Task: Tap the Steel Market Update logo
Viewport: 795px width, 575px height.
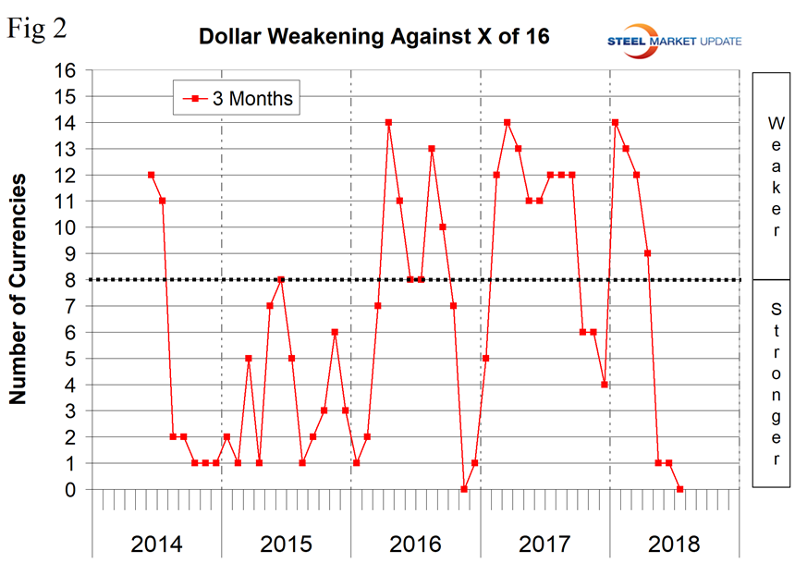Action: pyautogui.click(x=672, y=38)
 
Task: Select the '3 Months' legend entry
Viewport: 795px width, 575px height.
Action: pyautogui.click(x=238, y=98)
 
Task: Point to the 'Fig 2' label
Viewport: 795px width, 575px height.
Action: pyautogui.click(x=38, y=29)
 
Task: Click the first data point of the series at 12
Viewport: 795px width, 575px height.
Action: pyautogui.click(x=151, y=175)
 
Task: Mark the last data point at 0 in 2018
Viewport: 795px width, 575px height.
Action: pyautogui.click(x=679, y=489)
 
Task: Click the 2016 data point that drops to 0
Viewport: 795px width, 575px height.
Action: pyautogui.click(x=464, y=489)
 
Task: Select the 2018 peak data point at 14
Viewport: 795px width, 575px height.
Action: pyautogui.click(x=615, y=122)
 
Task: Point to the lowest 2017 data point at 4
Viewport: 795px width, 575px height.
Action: pyautogui.click(x=604, y=385)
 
